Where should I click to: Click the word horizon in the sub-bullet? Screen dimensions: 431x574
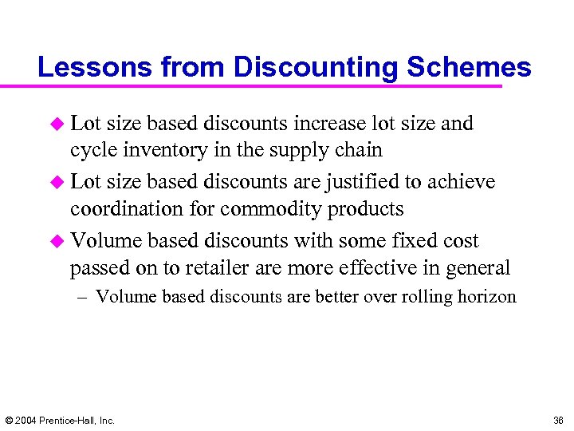(486, 297)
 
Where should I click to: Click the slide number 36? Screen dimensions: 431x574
(557, 420)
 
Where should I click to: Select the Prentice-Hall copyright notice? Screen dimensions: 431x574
(60, 420)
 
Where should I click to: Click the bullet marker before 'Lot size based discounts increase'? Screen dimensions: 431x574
(57, 124)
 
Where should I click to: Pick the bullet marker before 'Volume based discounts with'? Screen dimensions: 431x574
(57, 241)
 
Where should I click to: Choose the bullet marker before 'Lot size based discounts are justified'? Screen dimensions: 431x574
(57, 183)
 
